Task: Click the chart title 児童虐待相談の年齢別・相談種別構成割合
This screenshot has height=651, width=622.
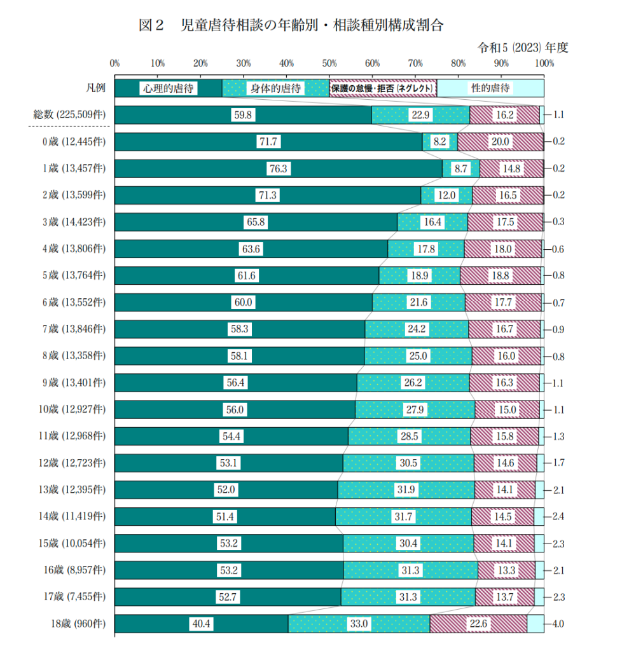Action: click(291, 25)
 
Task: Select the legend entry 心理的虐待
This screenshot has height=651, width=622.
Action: click(168, 88)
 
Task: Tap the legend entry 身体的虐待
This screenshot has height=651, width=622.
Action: click(275, 88)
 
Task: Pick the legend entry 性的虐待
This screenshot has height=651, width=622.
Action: click(490, 88)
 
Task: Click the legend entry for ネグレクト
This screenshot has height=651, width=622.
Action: click(382, 88)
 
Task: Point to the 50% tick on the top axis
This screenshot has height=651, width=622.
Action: click(329, 64)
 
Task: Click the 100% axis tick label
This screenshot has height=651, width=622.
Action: click(544, 64)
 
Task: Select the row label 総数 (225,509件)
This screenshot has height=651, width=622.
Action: click(69, 115)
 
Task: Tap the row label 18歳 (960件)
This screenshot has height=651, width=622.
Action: click(78, 624)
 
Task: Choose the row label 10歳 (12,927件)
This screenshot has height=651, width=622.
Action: click(72, 410)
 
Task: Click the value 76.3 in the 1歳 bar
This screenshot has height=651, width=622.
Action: click(278, 169)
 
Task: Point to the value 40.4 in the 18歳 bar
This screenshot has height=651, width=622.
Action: click(201, 624)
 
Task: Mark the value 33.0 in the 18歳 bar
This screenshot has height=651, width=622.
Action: click(359, 624)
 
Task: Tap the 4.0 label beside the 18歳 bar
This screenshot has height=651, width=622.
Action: click(559, 624)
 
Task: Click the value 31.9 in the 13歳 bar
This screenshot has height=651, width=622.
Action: click(405, 490)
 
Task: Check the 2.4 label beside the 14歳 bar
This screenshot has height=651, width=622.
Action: click(559, 517)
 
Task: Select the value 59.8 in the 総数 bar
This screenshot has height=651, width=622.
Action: click(243, 115)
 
